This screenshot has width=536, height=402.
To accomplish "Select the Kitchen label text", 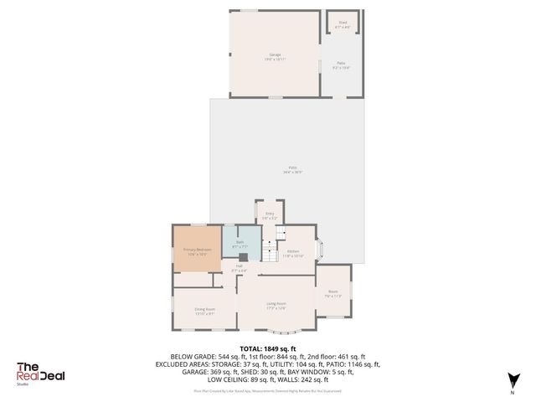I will [293, 252].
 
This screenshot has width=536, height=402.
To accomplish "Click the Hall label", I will [239, 268].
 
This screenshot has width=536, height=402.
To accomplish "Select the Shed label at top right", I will [342, 23].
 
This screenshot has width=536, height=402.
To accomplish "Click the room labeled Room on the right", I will [332, 293].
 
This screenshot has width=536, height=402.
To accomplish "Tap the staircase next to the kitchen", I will [270, 249].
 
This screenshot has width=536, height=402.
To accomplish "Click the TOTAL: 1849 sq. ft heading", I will [268, 348].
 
